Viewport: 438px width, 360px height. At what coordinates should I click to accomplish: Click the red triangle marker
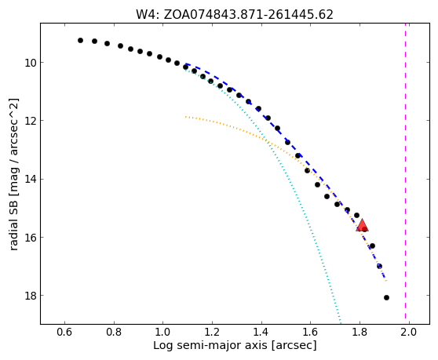coord(362,225)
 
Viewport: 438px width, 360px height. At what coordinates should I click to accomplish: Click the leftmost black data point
coord(80,41)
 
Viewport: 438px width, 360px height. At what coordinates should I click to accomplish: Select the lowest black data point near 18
coord(387,298)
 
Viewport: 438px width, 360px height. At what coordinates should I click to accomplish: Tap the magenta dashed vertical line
coord(405,173)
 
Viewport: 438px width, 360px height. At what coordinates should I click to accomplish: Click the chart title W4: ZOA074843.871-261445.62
coord(235,15)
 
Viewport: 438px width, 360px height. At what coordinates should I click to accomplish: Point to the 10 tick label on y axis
coord(31,63)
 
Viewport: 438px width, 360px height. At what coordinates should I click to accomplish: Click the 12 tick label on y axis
coord(31,121)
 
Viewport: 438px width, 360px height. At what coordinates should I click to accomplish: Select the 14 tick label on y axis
coord(31,179)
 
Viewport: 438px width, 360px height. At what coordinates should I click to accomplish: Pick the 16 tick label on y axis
coord(31,237)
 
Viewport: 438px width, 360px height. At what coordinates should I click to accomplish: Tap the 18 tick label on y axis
coord(31,295)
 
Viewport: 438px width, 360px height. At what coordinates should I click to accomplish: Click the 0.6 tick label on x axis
coord(65,333)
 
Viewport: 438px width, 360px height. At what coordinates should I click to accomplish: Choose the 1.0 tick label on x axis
coord(163,333)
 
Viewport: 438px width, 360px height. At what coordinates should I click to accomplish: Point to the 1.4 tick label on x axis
coord(261,333)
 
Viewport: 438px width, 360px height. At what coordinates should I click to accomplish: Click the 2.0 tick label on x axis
coord(409,333)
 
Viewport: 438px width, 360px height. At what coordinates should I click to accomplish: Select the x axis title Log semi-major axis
coord(210,345)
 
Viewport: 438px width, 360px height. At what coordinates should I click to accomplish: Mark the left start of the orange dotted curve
coord(185,117)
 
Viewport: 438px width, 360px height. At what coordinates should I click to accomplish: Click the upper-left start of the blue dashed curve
coord(186,64)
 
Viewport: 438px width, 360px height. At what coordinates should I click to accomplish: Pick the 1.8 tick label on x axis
coord(360,333)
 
